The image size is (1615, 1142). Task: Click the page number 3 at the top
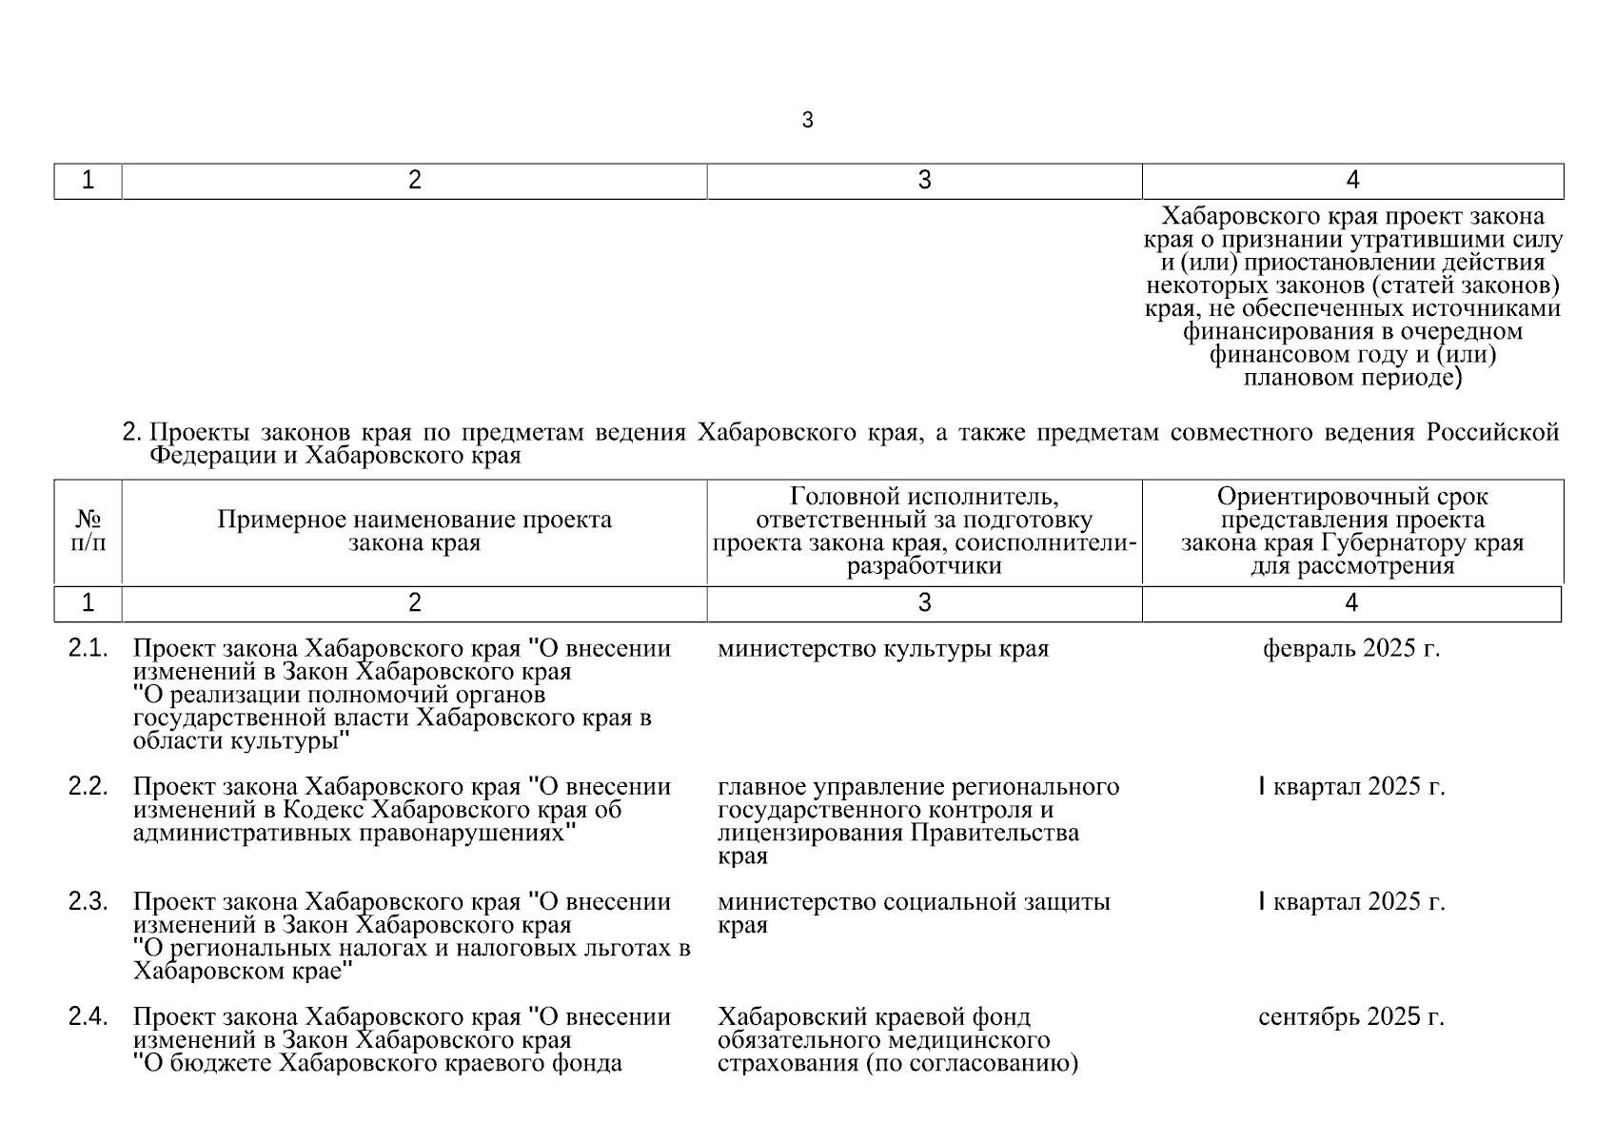pyautogui.click(x=807, y=121)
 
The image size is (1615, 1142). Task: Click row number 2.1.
pyautogui.click(x=88, y=649)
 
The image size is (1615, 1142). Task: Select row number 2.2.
pyautogui.click(x=88, y=787)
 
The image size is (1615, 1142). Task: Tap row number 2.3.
pyautogui.click(x=88, y=901)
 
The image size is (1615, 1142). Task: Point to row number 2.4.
pyautogui.click(x=88, y=1016)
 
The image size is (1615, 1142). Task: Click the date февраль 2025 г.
pyautogui.click(x=1351, y=649)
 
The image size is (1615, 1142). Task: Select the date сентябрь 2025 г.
pyautogui.click(x=1351, y=1016)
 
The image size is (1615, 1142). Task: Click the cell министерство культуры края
pyautogui.click(x=882, y=649)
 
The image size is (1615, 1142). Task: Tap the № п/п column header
pyautogui.click(x=89, y=531)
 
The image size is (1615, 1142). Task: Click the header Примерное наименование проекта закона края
pyautogui.click(x=414, y=531)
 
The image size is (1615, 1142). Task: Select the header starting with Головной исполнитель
pyautogui.click(x=924, y=531)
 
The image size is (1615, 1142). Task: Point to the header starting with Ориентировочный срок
pyautogui.click(x=1352, y=531)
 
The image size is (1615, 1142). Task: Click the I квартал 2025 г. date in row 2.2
pyautogui.click(x=1351, y=787)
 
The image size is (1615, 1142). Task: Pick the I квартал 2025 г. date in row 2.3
pyautogui.click(x=1351, y=901)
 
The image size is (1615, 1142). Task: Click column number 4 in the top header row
pyautogui.click(x=1352, y=181)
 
